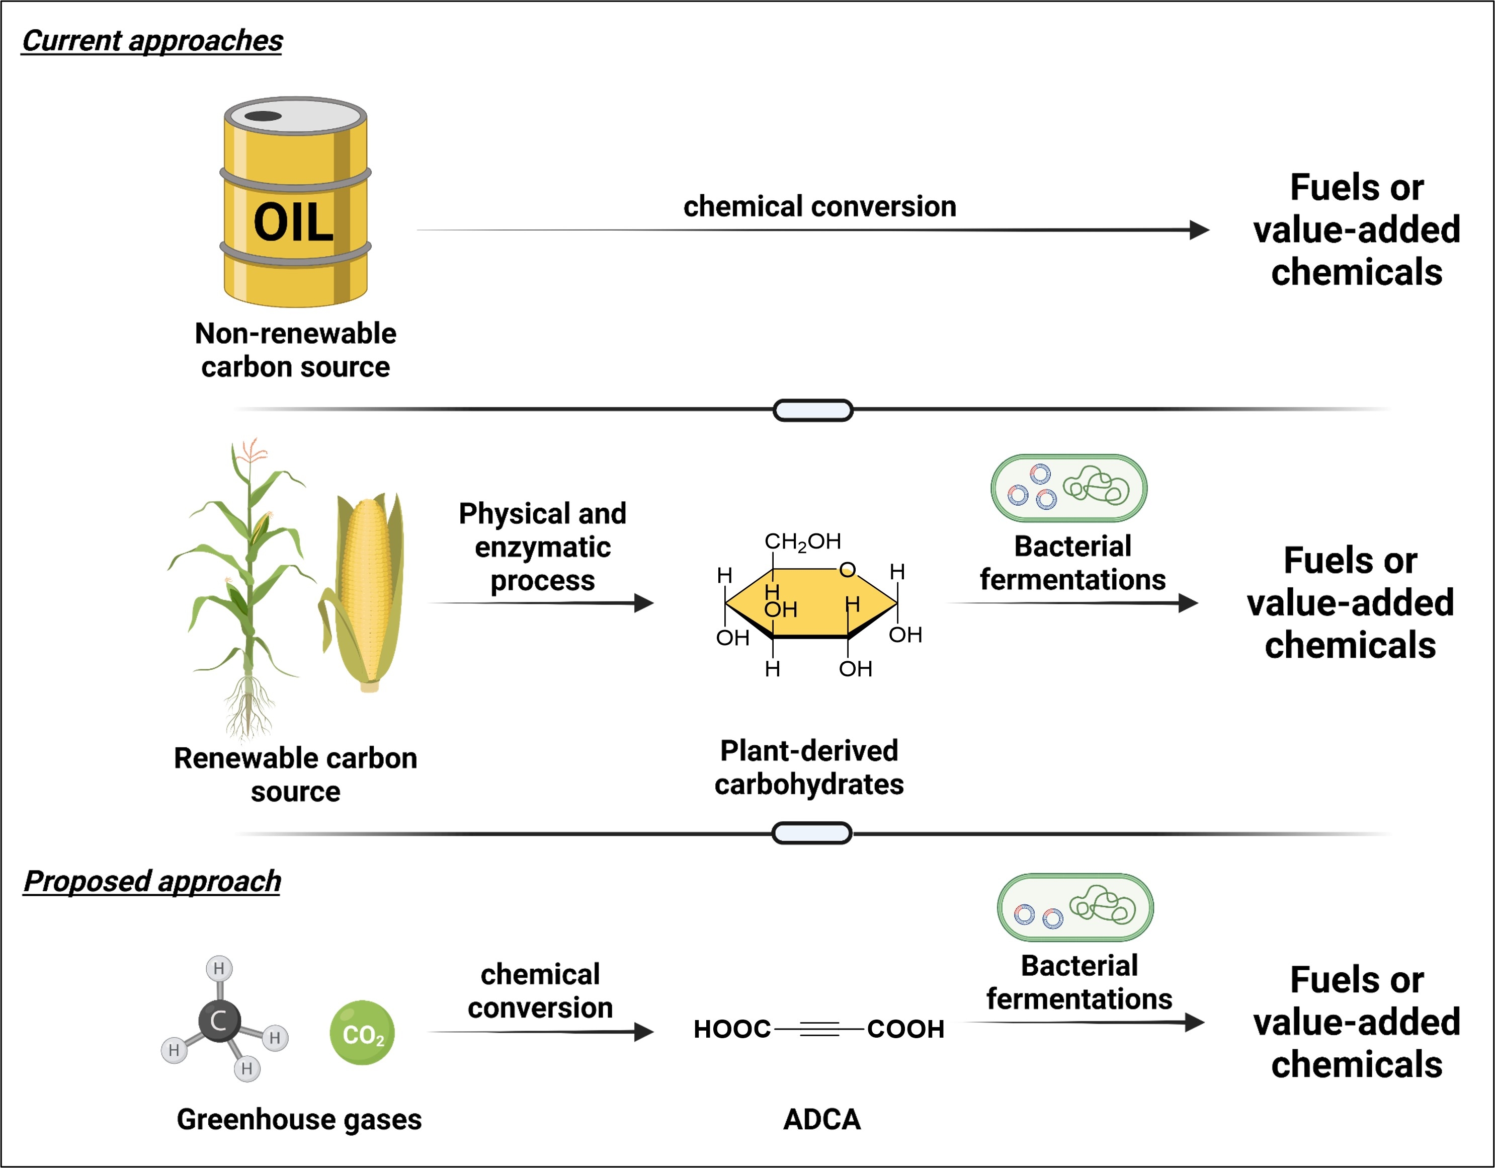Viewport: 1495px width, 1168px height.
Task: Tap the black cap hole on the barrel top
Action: (263, 116)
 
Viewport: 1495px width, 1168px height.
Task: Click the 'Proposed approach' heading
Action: (152, 881)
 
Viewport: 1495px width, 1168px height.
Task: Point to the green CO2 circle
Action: (362, 1033)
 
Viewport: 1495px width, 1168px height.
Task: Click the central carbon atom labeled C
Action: (219, 1021)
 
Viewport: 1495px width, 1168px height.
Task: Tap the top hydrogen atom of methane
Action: (219, 968)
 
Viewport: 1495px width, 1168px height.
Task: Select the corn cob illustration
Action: (367, 589)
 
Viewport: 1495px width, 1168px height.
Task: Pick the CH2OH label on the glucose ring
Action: (802, 541)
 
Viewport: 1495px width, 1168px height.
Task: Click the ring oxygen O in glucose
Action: (848, 570)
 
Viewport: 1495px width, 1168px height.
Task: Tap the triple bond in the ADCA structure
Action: (819, 1028)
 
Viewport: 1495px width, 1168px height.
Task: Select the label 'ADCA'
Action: (821, 1119)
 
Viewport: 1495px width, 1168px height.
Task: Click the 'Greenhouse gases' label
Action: (299, 1119)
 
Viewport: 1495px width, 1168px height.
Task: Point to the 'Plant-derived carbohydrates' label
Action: (809, 767)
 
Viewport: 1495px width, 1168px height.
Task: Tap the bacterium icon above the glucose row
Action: (1068, 488)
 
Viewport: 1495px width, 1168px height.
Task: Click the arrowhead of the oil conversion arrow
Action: (1199, 230)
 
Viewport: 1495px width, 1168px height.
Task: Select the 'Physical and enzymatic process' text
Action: (542, 547)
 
